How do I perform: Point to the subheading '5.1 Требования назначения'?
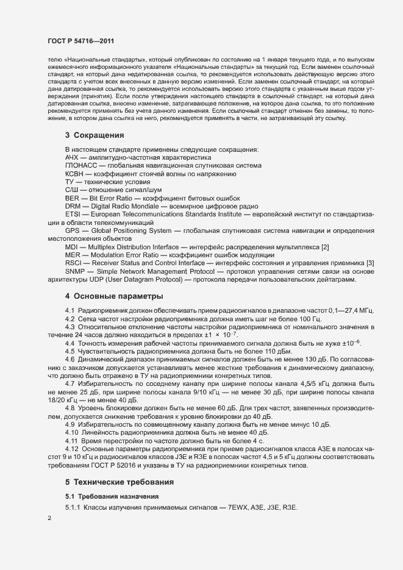point(107,496)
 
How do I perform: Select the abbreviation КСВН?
point(74,174)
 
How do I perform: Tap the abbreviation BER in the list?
point(72,198)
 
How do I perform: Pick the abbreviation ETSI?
point(73,215)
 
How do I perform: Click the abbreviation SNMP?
point(75,271)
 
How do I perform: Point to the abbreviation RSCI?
point(74,262)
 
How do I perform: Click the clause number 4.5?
point(70,351)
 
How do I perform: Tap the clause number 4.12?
point(72,449)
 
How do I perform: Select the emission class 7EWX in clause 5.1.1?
point(243,508)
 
